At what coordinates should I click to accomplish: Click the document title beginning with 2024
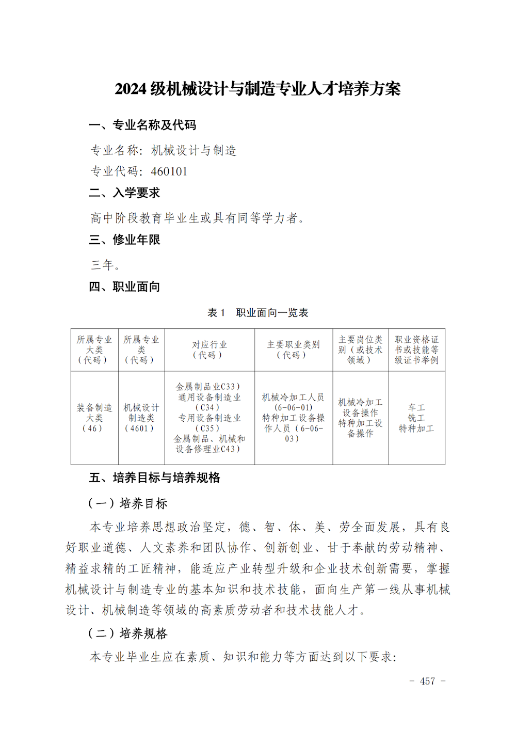point(257,89)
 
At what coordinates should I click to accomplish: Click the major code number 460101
point(169,171)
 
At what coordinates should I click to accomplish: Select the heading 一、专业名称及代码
point(142,125)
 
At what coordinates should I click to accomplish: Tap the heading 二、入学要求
point(124,193)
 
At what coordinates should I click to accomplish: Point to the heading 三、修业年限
point(124,240)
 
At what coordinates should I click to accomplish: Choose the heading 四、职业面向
point(124,287)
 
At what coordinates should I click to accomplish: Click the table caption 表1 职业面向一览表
point(257,313)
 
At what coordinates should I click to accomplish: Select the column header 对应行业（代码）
point(209,350)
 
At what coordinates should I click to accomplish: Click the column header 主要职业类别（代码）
point(293,350)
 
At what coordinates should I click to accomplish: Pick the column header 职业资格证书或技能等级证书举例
point(416,350)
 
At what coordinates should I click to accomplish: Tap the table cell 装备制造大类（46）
point(94,418)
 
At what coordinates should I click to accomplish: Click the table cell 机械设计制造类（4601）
point(141,418)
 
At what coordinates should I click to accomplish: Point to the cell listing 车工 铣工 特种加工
point(416,418)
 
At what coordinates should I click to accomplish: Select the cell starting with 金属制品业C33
point(209,418)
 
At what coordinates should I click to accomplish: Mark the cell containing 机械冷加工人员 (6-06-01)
point(293,418)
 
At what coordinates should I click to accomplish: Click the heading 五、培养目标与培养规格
point(154,478)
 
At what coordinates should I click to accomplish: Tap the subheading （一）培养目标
point(127,503)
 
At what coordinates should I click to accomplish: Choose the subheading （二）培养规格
point(127,633)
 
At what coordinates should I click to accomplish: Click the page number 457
point(427,681)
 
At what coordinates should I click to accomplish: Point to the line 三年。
point(106,265)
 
